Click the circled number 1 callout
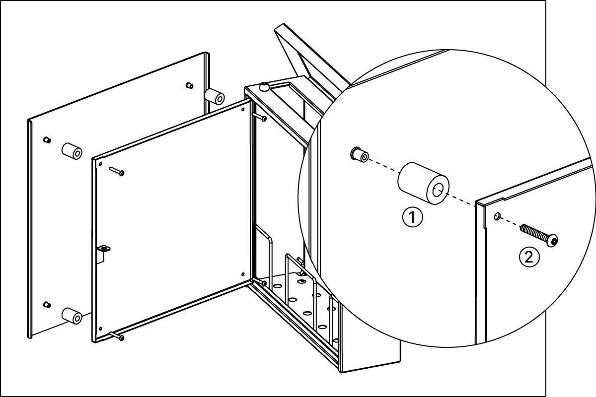pos(412,217)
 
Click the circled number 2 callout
pos(529,257)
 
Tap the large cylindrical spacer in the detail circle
pos(423,184)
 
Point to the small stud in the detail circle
pos(360,154)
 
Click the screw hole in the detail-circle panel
pos(497,216)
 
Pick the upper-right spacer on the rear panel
pos(214,97)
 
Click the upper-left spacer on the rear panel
pos(72,151)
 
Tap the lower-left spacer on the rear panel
pos(72,316)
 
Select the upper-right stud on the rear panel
pos(189,85)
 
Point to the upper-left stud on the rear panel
pos(47,139)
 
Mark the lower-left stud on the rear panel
pos(47,305)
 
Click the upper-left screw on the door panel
pos(117,171)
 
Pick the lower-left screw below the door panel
pos(117,336)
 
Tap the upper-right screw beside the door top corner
pos(259,117)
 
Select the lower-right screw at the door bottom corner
pos(259,282)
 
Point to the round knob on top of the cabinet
pos(264,87)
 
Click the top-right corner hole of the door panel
pos(243,109)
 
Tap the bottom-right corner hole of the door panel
pos(243,274)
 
